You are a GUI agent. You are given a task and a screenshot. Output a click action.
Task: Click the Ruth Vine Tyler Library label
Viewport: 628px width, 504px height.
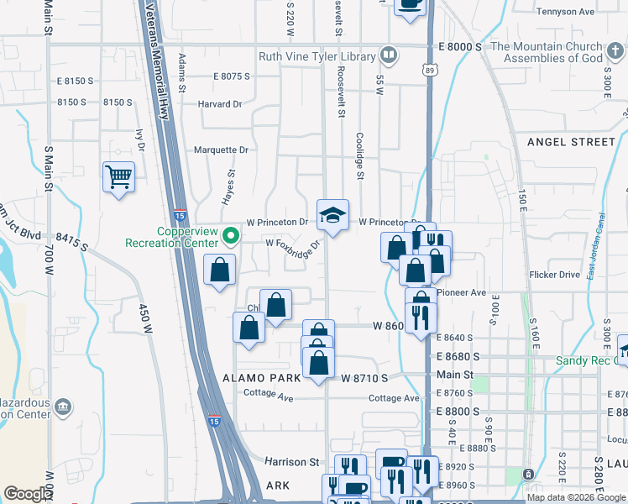point(317,56)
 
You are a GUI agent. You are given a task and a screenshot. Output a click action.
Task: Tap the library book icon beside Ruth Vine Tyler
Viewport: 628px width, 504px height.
point(388,56)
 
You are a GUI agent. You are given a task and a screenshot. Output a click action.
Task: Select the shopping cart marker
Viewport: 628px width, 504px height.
point(119,176)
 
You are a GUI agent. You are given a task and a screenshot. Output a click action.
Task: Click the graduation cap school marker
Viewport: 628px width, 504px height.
point(332,215)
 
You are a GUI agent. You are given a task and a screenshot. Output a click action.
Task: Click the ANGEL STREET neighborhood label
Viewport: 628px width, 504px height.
point(571,142)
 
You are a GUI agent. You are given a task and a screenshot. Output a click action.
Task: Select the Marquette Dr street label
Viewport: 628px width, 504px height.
point(221,150)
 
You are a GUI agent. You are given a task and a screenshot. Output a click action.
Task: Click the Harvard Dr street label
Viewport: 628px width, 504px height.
point(219,105)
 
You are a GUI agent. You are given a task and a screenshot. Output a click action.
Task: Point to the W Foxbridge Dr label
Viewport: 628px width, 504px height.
point(294,244)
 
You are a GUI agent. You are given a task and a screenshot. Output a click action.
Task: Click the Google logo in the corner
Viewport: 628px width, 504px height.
point(28,494)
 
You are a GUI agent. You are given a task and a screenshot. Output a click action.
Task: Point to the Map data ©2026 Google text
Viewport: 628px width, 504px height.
point(577,497)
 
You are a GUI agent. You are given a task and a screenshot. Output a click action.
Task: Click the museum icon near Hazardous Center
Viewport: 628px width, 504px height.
point(62,408)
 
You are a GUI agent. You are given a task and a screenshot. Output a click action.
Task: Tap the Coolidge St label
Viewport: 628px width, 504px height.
point(358,155)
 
